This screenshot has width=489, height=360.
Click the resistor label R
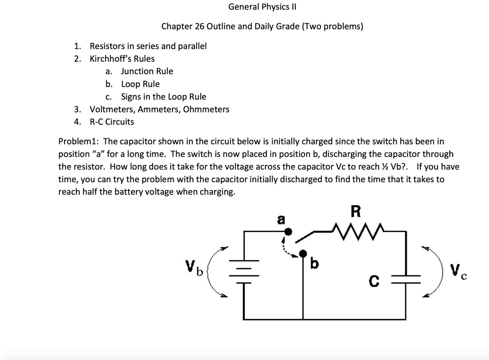(x=356, y=211)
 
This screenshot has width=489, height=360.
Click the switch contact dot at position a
(x=288, y=232)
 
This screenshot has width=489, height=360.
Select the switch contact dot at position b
(x=303, y=254)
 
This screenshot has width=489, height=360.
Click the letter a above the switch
(x=281, y=219)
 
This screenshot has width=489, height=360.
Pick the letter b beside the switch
(x=314, y=264)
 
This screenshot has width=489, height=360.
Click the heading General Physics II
(x=262, y=7)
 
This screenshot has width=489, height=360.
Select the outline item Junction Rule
(x=147, y=71)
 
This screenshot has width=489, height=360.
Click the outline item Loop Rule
(x=140, y=84)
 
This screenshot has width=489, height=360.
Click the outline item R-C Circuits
(x=112, y=122)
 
